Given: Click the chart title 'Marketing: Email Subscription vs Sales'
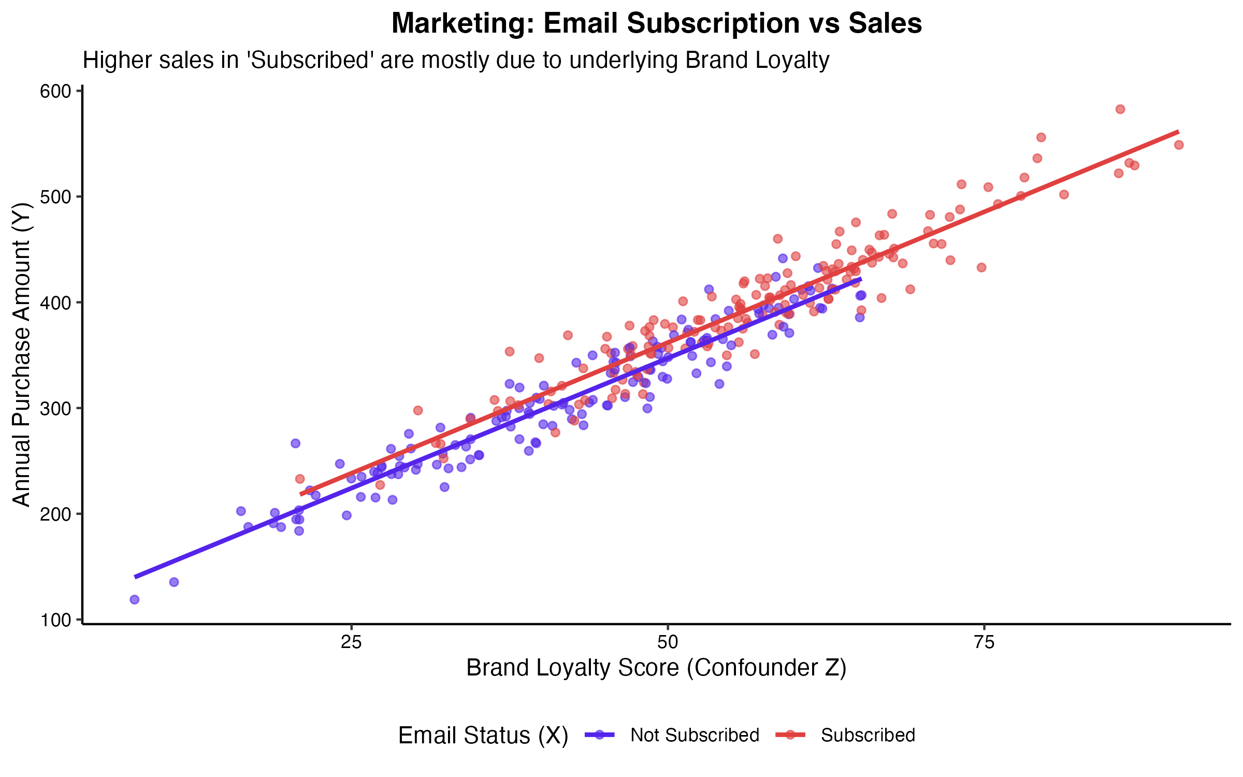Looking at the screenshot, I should [656, 24].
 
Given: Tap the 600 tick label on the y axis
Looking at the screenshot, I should [55, 91].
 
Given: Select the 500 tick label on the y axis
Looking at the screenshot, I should [55, 197].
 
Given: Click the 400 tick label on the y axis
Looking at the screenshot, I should [55, 303].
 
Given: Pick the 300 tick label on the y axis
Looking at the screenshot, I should [55, 408].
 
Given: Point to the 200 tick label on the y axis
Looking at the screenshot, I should [55, 514].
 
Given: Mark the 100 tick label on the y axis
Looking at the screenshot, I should [55, 620].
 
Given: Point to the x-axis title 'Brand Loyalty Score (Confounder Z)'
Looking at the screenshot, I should [656, 668].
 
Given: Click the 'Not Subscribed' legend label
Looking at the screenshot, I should [695, 735].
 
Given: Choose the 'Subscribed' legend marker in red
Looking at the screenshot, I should [790, 735].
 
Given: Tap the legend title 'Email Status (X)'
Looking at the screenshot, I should [483, 736].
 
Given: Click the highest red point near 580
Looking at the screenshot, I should [1120, 109].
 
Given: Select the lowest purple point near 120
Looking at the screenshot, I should [135, 599].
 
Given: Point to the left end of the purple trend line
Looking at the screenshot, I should [135, 577].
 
